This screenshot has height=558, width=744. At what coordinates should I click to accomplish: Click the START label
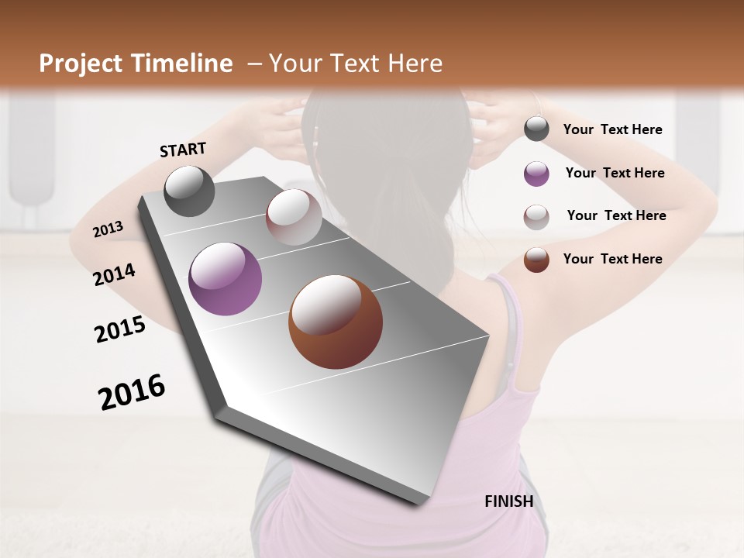point(183,150)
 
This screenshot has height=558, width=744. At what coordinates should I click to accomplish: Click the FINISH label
point(508,501)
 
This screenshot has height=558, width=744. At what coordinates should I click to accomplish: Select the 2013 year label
point(108,229)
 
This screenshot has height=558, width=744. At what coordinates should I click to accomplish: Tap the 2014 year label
point(114,274)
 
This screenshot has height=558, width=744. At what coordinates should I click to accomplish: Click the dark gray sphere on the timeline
point(189,191)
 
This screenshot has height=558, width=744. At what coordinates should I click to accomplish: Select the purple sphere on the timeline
point(226,279)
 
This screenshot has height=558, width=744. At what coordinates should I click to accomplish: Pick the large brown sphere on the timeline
point(336,322)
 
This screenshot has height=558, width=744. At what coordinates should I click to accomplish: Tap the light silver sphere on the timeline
point(294,217)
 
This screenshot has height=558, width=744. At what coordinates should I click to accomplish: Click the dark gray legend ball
point(536,129)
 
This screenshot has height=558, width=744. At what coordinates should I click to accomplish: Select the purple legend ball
point(536,173)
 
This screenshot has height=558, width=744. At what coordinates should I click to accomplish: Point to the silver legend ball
point(536,216)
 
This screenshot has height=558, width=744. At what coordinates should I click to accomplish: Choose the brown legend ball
point(536,260)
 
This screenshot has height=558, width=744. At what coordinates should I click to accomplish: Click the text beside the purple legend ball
point(615,173)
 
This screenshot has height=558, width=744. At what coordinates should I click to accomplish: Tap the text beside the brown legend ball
point(612,259)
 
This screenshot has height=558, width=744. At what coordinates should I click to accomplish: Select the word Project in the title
point(81,64)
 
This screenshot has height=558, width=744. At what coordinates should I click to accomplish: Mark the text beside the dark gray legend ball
point(612,129)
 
